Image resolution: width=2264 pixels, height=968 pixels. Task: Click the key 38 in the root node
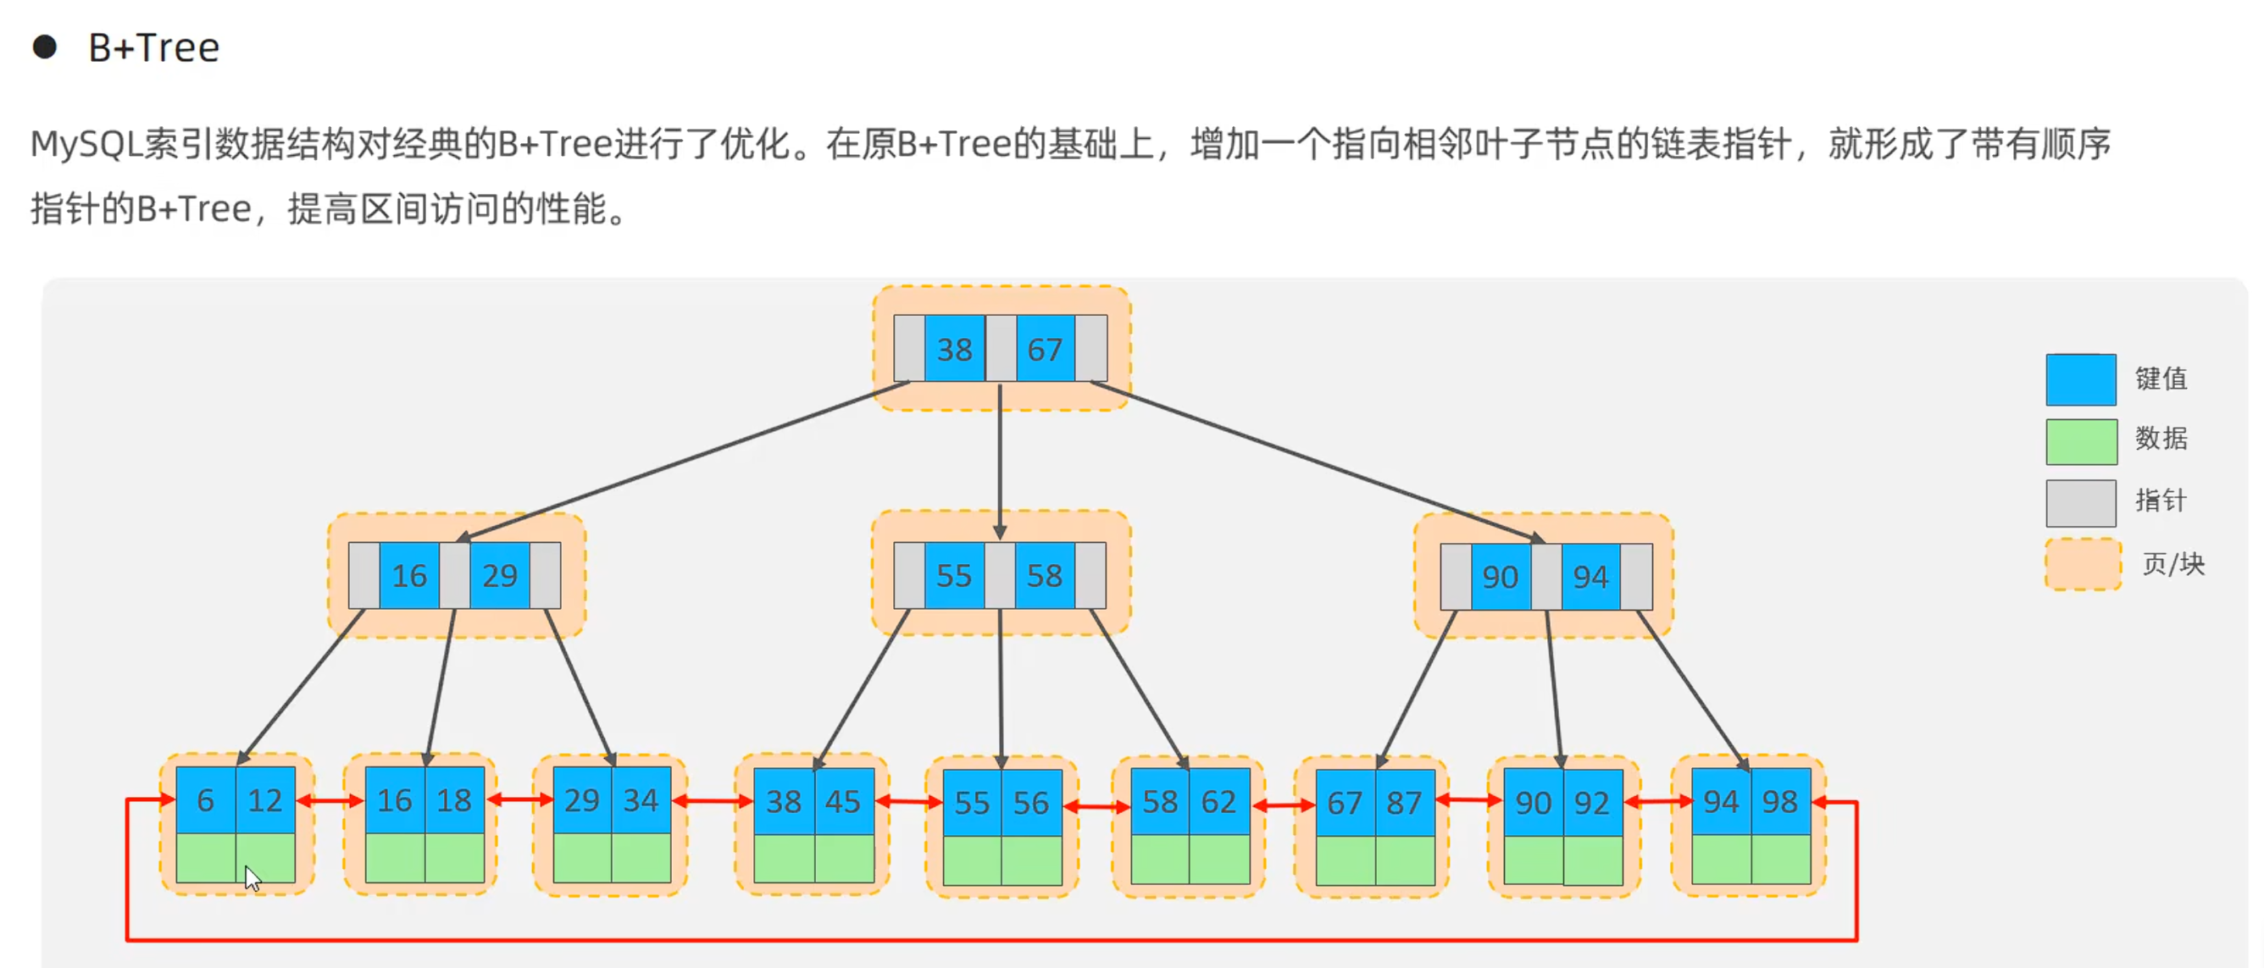point(953,350)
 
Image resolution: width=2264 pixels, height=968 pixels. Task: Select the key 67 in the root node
point(1044,350)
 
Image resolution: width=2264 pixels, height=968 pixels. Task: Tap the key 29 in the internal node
point(499,576)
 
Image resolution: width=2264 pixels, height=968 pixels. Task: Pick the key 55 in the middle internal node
point(953,576)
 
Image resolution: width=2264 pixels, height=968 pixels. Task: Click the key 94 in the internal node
point(1590,577)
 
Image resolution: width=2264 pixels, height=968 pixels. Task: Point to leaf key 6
point(206,800)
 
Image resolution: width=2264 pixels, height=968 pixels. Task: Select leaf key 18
point(454,800)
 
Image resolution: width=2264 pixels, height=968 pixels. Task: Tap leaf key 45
point(843,801)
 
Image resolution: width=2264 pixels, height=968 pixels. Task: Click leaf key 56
point(1031,803)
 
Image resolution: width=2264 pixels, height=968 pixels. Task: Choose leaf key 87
point(1405,803)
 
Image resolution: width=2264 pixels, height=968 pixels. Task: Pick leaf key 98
point(1779,801)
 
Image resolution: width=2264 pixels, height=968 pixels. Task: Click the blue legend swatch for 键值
point(2080,379)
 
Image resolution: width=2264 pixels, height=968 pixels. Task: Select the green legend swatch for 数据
point(2080,441)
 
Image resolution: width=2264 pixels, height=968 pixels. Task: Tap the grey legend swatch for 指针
point(2080,502)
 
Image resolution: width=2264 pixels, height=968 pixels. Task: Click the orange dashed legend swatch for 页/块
point(2082,564)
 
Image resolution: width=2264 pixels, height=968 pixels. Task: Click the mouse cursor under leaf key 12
point(252,877)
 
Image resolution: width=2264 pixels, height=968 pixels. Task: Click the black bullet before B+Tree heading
point(45,47)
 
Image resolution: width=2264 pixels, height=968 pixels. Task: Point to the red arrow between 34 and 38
point(712,801)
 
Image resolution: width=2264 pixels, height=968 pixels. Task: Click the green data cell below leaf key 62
point(1219,859)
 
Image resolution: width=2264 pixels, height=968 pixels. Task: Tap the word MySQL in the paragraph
point(86,143)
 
